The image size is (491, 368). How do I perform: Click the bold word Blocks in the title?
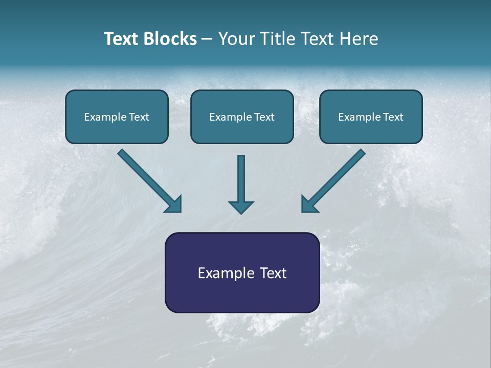[x=170, y=39]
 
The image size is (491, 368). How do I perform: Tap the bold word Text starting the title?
[x=122, y=39]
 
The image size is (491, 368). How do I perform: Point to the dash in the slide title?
[x=207, y=39]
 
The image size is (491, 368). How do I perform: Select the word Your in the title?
[x=236, y=39]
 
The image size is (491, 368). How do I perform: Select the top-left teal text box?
[x=117, y=117]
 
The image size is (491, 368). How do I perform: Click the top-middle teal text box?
[x=242, y=117]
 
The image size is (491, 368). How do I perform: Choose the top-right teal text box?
[x=371, y=117]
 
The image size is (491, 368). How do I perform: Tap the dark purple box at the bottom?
[x=242, y=272]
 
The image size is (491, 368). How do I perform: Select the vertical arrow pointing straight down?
[x=241, y=181]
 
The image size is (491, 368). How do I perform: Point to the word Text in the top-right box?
[x=393, y=117]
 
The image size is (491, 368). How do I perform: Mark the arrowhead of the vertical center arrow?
[x=241, y=206]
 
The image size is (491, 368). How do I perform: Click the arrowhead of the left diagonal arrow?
[x=174, y=204]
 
